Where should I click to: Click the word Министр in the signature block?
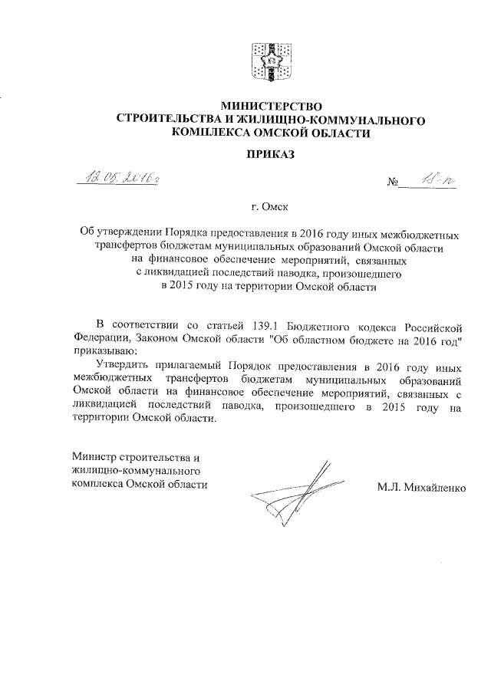click(x=93, y=457)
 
